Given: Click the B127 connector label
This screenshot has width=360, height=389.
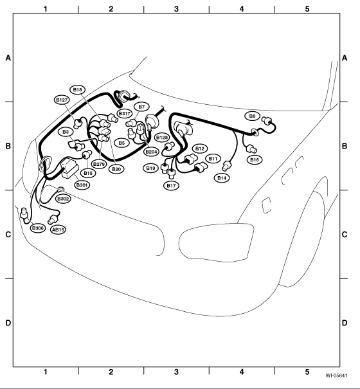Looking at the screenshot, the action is click(x=62, y=100).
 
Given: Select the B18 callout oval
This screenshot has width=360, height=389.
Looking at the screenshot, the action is click(x=78, y=89).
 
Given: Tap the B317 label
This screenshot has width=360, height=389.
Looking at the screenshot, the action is click(x=124, y=114).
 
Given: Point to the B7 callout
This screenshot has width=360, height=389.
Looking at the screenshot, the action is click(x=141, y=107).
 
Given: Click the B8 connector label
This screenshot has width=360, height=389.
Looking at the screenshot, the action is click(x=252, y=116).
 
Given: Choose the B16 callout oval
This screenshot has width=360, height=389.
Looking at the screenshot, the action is click(x=255, y=159).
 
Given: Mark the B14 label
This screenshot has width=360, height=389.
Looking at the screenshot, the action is click(x=222, y=178).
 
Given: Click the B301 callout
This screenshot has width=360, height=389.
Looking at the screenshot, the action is click(x=82, y=185).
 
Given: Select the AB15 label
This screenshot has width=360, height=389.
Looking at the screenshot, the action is click(x=59, y=230).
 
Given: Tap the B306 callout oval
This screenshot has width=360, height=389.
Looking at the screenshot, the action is click(x=38, y=228).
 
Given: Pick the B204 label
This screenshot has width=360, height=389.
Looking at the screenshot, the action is click(x=151, y=152).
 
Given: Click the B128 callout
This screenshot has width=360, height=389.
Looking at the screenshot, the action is click(x=162, y=138).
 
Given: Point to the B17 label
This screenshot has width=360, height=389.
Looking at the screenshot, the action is click(x=172, y=186).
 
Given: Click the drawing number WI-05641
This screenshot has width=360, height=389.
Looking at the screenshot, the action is click(x=336, y=375).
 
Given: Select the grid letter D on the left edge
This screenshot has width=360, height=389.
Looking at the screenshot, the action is click(x=8, y=323).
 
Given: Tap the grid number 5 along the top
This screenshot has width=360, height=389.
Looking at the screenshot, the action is click(x=307, y=9).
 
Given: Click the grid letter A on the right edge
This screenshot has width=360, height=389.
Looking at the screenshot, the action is click(x=345, y=58).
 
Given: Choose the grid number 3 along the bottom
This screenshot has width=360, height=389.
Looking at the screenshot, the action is click(x=176, y=372).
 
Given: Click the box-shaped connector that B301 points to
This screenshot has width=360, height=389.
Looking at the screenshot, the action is click(x=69, y=167).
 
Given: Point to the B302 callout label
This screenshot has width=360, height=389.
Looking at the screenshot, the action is click(x=63, y=199).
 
